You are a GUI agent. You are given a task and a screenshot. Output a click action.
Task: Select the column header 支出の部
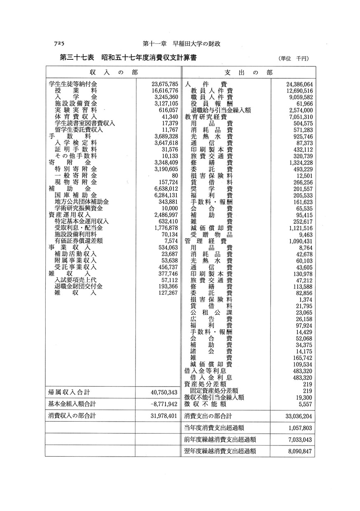pyautogui.click(x=249, y=72)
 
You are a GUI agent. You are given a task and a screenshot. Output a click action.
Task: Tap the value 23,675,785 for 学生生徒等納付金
pyautogui.click(x=164, y=84)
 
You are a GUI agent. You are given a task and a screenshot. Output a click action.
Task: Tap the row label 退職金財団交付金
pyautogui.click(x=79, y=286)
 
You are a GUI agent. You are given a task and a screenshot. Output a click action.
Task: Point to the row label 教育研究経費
pyautogui.click(x=206, y=117)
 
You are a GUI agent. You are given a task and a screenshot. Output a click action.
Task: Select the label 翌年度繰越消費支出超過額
pyautogui.click(x=220, y=451)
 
